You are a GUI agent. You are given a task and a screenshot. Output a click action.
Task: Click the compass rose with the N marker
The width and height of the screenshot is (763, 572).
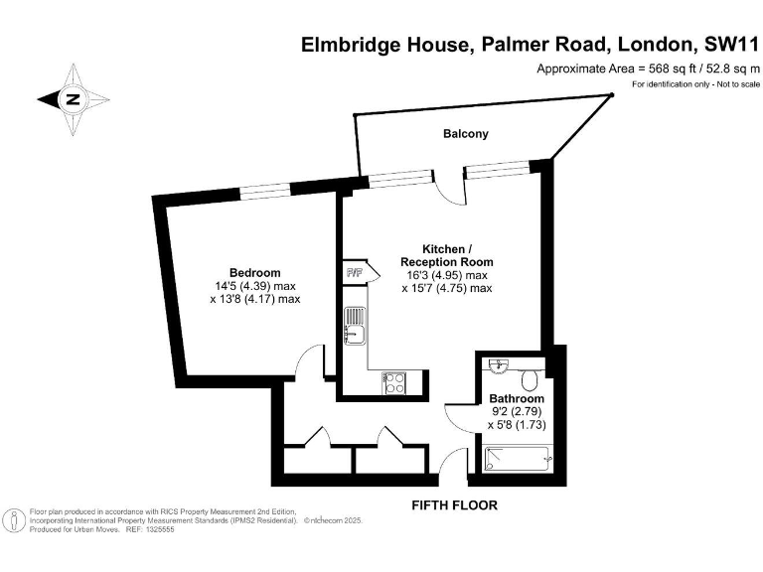coord(73,99)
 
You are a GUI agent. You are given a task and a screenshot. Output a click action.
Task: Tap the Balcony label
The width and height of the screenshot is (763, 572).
coord(466,133)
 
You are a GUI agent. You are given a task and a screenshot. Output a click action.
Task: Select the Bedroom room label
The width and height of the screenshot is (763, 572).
coord(254,272)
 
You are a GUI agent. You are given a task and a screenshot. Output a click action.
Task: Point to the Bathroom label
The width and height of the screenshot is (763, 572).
coord(517,398)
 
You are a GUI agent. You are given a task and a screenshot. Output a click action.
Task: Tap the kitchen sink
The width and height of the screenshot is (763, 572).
coord(355,325)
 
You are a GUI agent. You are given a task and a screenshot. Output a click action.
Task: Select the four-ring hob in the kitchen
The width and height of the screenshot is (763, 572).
coord(392,382)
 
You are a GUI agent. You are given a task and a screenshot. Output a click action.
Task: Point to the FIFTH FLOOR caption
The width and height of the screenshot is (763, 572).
coord(454,505)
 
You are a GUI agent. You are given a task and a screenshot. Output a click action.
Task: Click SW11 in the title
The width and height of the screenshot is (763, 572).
coord(723,45)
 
